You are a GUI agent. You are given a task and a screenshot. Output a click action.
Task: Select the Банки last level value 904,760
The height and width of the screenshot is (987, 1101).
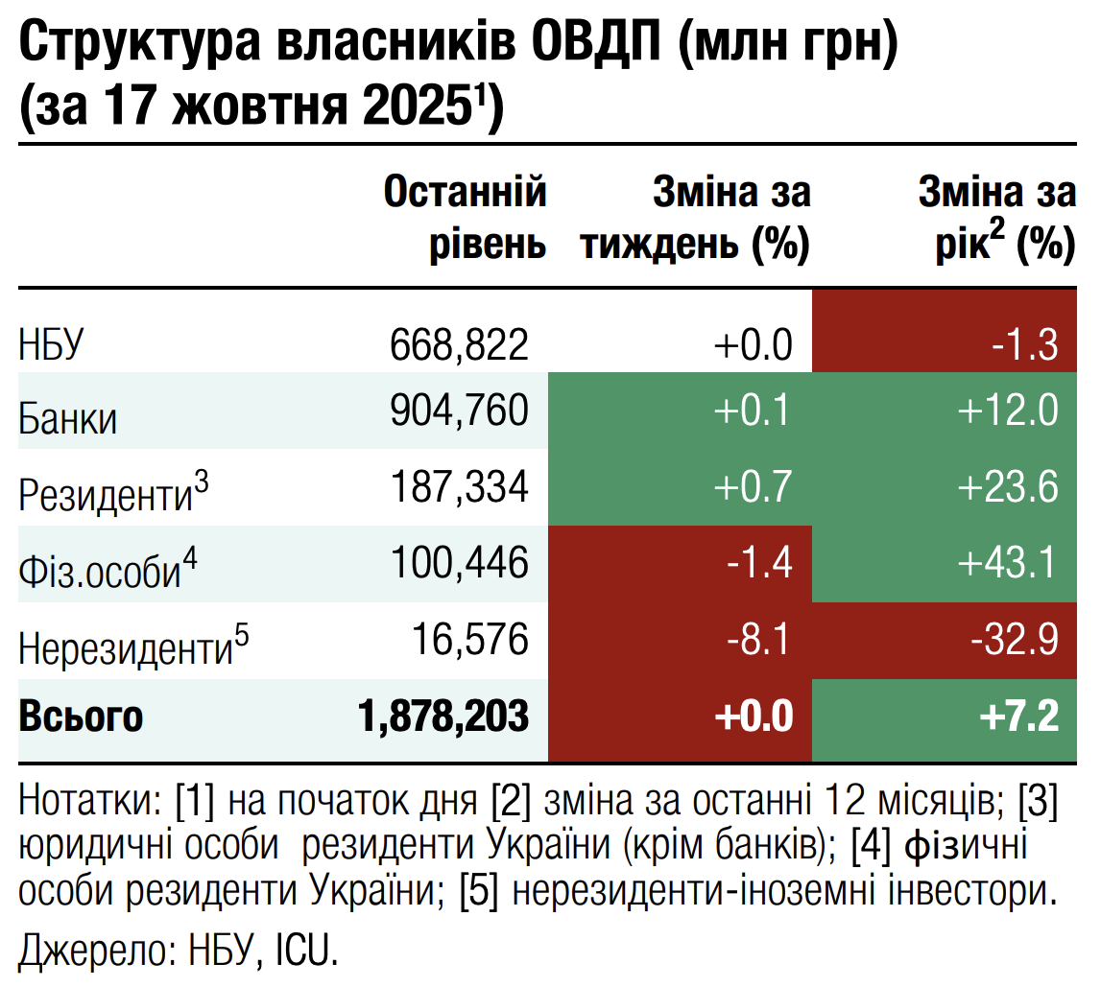click(459, 411)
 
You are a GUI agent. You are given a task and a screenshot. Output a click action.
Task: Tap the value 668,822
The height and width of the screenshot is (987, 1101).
click(459, 343)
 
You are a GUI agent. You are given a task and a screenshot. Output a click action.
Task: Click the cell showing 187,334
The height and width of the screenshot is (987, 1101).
click(459, 487)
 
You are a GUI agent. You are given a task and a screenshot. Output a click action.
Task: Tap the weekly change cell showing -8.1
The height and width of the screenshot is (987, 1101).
click(758, 640)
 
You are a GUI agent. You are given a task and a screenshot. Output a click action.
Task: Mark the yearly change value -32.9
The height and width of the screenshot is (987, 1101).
click(1014, 640)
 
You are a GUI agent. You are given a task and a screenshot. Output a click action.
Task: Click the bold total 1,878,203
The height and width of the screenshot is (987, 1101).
click(442, 717)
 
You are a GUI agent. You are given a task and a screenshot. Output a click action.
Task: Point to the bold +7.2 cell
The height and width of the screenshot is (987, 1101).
click(1018, 717)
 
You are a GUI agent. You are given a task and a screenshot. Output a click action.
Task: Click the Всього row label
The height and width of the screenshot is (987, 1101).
click(81, 717)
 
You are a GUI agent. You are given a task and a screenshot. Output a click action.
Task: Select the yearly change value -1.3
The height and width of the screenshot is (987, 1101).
click(1025, 343)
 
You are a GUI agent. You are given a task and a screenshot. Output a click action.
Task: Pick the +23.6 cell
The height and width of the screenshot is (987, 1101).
click(1008, 487)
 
